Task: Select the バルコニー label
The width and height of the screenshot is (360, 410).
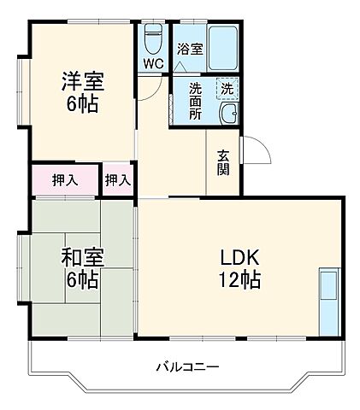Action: pyautogui.click(x=187, y=367)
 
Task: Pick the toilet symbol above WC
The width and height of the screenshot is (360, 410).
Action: pyautogui.click(x=153, y=39)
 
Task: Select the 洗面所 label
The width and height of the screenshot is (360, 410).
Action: pyautogui.click(x=195, y=101)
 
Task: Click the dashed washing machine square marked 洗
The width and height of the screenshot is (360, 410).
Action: pyautogui.click(x=228, y=88)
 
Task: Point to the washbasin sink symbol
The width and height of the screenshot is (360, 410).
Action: pyautogui.click(x=229, y=115)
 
